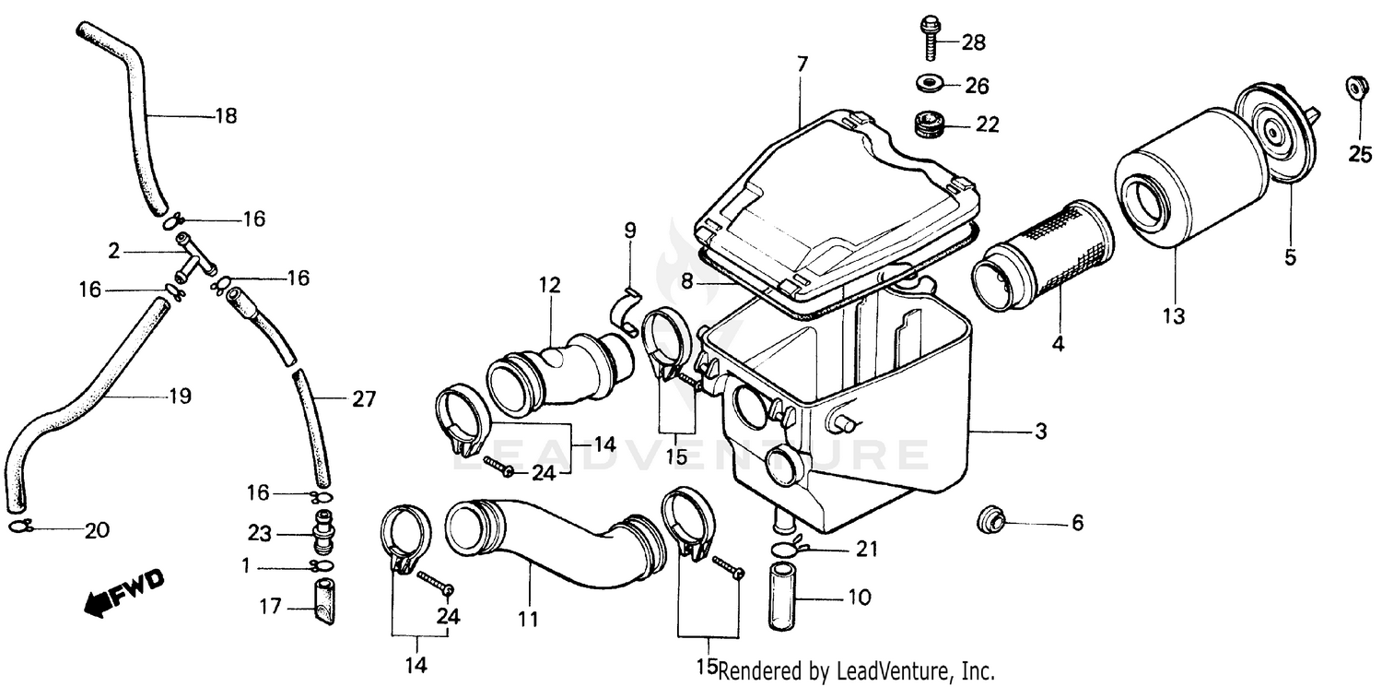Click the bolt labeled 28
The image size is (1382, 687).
coord(927,38)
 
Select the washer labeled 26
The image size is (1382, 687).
coord(928,85)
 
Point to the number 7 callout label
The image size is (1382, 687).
coord(802,65)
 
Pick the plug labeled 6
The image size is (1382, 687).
coord(990,521)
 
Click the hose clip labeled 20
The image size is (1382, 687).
coord(22,528)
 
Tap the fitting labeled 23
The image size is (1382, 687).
coord(322,533)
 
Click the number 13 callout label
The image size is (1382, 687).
coord(1173,316)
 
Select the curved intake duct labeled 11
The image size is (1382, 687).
coord(544,544)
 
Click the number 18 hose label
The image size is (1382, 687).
coord(226,116)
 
